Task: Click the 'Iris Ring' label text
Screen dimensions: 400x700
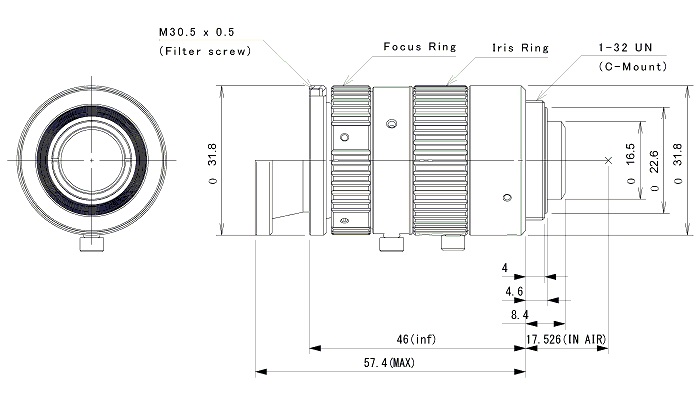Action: tap(521, 47)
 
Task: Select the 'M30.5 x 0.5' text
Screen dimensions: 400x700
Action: tap(199, 31)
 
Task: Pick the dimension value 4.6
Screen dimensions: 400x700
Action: tap(515, 291)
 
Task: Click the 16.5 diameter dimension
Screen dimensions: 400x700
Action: tap(630, 160)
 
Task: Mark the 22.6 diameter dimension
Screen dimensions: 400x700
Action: tap(653, 160)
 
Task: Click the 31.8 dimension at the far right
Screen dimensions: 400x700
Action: tap(678, 160)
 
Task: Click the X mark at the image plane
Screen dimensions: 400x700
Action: tap(608, 160)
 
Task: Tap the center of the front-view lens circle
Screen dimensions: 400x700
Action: tap(91, 160)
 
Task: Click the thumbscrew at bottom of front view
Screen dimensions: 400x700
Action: tap(95, 243)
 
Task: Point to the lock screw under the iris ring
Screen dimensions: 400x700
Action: tap(451, 242)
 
